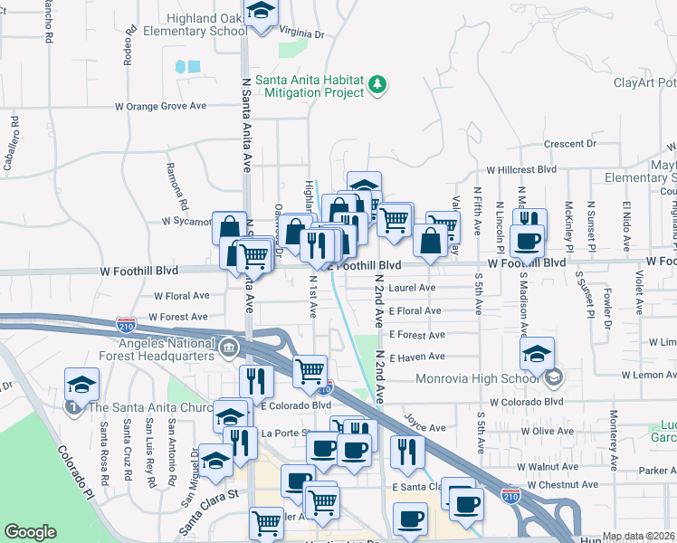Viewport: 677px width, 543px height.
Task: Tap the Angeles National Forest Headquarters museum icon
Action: pos(230,346)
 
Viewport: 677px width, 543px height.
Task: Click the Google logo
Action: pos(30,532)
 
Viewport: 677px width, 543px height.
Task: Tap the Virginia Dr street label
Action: pos(301,33)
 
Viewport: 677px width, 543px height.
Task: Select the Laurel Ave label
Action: pos(412,288)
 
